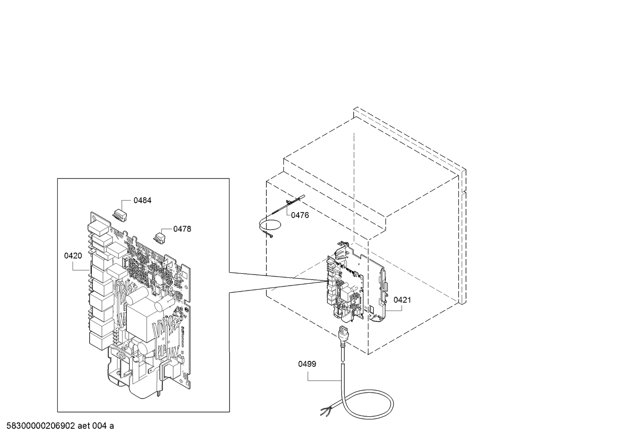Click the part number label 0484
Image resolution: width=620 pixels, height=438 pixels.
pyautogui.click(x=142, y=200)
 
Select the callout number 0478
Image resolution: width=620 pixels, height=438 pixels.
pyautogui.click(x=182, y=229)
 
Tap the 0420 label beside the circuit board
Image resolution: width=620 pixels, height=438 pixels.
pyautogui.click(x=73, y=256)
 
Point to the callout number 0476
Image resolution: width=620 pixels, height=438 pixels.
pyautogui.click(x=300, y=215)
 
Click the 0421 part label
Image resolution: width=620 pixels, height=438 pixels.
pyautogui.click(x=402, y=300)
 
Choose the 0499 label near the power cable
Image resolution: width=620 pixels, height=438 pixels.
pyautogui.click(x=307, y=364)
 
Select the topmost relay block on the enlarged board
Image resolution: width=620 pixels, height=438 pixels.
pyautogui.click(x=98, y=228)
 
